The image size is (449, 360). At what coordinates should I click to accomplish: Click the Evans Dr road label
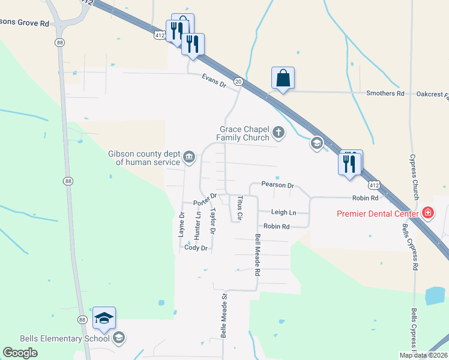[213, 81]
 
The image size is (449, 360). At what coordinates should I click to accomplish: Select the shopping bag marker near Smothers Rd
[283, 78]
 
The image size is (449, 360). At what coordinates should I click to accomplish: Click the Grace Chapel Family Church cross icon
[278, 131]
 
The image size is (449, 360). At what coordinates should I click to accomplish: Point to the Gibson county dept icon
[189, 158]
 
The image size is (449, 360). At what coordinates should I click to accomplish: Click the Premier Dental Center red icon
[427, 212]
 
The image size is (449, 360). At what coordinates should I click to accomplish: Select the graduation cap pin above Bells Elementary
[104, 319]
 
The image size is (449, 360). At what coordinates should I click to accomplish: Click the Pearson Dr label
[278, 185]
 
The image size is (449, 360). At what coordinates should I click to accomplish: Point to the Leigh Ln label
[284, 212]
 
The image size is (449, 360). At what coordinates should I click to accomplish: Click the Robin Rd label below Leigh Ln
[277, 226]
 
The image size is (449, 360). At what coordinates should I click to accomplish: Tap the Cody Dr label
[196, 248]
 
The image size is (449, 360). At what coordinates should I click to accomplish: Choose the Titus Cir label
[240, 207]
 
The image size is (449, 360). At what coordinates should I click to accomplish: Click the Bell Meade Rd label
[258, 254]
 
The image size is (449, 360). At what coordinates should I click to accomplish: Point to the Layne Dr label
[182, 224]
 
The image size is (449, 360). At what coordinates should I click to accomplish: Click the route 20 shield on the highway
[238, 82]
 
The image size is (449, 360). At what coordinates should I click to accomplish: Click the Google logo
[20, 353]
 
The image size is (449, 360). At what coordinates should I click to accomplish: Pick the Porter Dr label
[205, 199]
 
